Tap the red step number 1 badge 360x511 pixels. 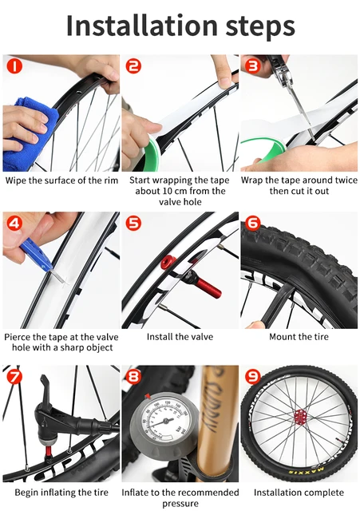13,65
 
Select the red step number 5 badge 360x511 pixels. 133,223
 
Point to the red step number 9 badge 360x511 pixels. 251,376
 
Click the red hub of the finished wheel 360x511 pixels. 301,417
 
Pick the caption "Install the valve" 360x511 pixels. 180,337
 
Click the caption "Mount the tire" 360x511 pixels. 299,337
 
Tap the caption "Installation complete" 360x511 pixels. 299,493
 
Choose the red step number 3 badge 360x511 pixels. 251,65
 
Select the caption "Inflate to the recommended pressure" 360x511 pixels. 180,498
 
